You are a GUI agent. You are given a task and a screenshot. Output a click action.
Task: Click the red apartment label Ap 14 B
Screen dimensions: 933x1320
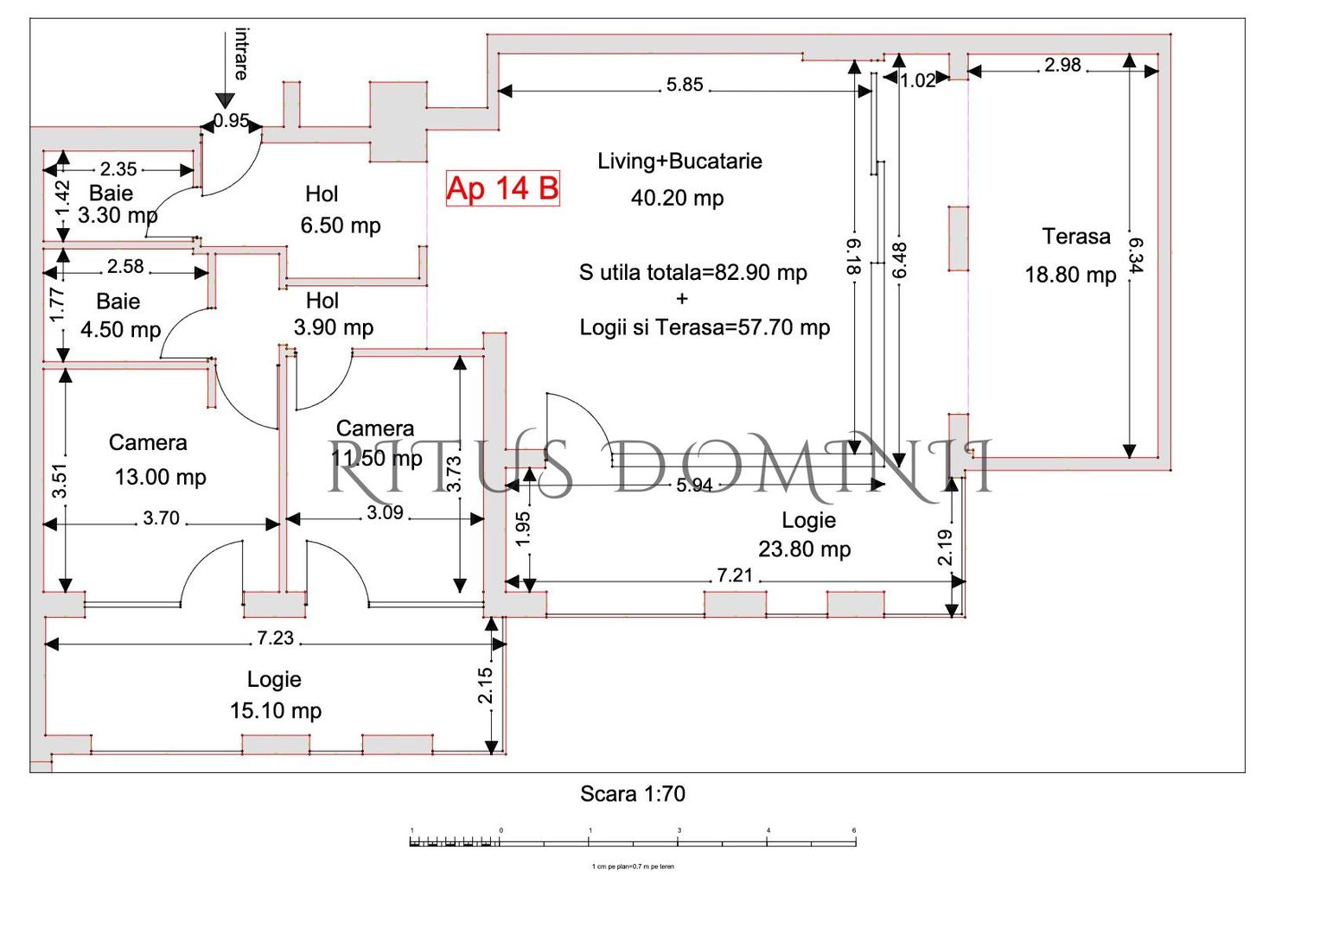point(502,188)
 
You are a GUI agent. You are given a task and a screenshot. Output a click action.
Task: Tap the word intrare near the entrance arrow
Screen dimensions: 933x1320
point(242,54)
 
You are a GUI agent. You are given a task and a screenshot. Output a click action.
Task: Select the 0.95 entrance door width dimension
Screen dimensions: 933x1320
point(231,121)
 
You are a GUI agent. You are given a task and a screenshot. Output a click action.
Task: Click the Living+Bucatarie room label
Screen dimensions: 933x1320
point(679,162)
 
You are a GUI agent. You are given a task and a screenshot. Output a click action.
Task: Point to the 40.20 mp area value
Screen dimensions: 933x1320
point(677,198)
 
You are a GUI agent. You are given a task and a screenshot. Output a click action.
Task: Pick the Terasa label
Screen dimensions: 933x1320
point(1075,237)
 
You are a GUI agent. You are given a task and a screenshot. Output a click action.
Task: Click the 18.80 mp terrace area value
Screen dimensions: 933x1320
point(1070,275)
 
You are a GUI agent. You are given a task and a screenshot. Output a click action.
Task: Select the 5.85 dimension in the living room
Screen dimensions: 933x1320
point(684,86)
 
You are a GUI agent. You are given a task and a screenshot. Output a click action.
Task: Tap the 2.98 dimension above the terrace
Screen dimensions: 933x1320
point(1062,66)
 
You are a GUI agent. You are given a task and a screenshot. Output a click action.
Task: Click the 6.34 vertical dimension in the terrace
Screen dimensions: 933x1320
point(1135,256)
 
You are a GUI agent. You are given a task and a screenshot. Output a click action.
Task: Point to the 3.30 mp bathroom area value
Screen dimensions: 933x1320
point(118,215)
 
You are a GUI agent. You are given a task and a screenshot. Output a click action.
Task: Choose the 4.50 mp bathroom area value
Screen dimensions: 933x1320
point(120,330)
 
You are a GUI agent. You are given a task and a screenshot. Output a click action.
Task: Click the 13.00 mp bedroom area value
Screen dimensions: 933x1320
point(160,477)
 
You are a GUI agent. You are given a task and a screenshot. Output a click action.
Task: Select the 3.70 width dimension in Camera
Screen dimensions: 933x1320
point(161,518)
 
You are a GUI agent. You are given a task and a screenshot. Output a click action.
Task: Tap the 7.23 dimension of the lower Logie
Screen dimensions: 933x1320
point(275,638)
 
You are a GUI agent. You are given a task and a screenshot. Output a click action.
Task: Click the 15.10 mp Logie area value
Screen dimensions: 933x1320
point(275,711)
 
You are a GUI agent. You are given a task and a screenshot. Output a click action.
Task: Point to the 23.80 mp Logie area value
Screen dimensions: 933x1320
point(804,549)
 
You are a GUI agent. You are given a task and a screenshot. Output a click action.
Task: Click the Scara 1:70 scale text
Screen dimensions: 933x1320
point(632,794)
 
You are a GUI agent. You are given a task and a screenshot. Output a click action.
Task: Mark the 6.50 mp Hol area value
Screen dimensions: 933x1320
point(340,225)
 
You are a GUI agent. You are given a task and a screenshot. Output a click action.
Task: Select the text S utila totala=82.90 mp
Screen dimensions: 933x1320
point(692,273)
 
